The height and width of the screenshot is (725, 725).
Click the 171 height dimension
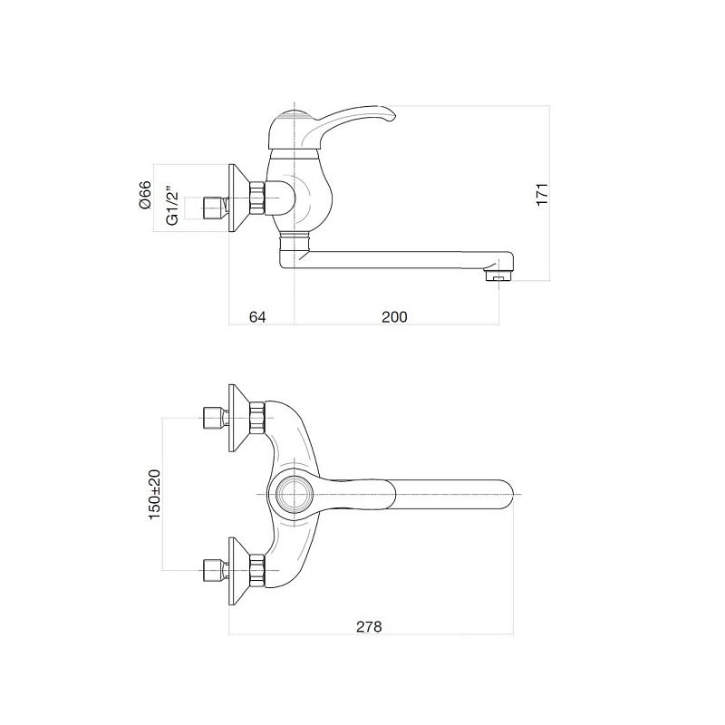coord(542,194)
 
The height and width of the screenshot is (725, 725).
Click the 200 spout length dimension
coord(394,316)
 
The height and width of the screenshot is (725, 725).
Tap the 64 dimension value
coord(257,316)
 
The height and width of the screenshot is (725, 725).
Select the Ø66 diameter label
coord(145,195)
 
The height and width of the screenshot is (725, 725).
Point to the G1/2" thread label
coord(172,207)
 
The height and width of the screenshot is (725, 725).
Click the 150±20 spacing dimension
coord(154,494)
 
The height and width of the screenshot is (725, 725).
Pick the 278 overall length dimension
coord(369,626)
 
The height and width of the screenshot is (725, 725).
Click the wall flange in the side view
coord(239,198)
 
